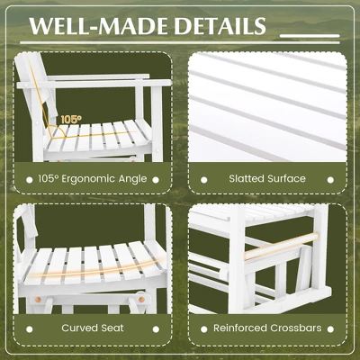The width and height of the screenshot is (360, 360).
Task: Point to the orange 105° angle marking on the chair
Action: (70, 118)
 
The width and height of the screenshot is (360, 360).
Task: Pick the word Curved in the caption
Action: (80, 328)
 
